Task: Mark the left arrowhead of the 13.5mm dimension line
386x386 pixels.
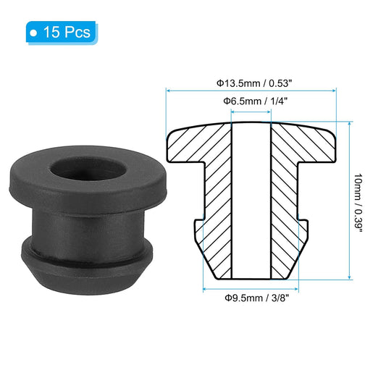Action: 169,91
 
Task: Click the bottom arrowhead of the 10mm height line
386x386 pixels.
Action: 351,277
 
